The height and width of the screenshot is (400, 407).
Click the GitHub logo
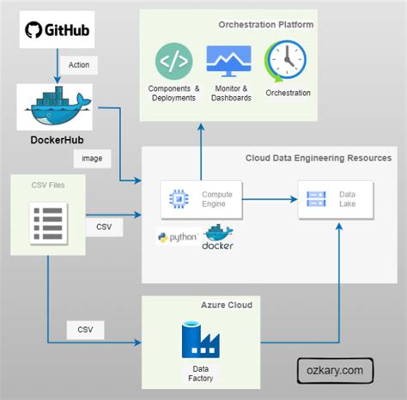[x=56, y=33]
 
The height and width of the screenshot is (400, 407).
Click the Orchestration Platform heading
[x=266, y=24]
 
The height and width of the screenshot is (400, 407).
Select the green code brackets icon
[x=174, y=63]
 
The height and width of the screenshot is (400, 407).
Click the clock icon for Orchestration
[x=283, y=62]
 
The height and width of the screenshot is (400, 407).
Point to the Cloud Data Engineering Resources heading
[x=319, y=158]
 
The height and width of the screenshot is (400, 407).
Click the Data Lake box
[x=336, y=200]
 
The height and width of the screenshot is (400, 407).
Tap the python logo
[x=177, y=238]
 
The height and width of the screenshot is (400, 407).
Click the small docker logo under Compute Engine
[x=217, y=238]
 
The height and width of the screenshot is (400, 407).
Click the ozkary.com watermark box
[x=336, y=371]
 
